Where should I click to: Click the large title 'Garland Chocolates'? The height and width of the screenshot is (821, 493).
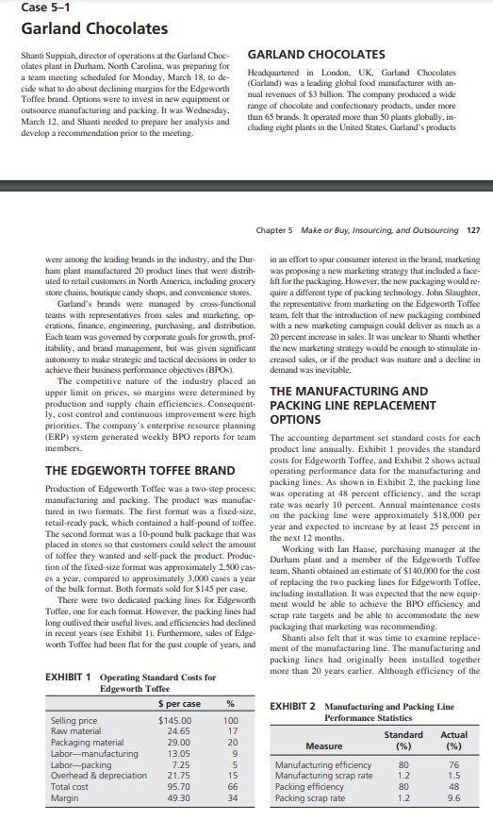[x=81, y=30]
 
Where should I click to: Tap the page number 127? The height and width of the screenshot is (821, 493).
[x=473, y=230]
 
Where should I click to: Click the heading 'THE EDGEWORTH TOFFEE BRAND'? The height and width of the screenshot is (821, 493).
[x=140, y=470]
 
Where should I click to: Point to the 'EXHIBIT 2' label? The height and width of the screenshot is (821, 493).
[x=294, y=733]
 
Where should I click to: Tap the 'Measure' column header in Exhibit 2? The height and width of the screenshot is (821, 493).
[x=323, y=771]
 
